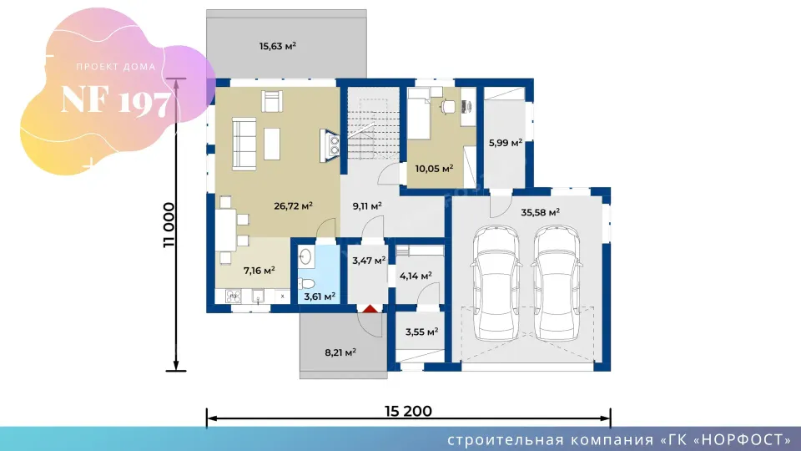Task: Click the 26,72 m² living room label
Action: pyautogui.click(x=293, y=206)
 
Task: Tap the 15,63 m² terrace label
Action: pyautogui.click(x=277, y=46)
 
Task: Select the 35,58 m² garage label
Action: pyautogui.click(x=540, y=212)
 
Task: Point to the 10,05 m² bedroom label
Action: pyautogui.click(x=434, y=168)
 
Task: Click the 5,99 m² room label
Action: pyautogui.click(x=506, y=143)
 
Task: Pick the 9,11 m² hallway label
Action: pyautogui.click(x=367, y=206)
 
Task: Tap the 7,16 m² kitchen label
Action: pyautogui.click(x=259, y=271)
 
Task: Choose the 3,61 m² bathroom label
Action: pyautogui.click(x=320, y=296)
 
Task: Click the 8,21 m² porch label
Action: pyautogui.click(x=340, y=352)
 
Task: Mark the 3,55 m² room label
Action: pyautogui.click(x=421, y=332)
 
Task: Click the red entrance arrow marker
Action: pyautogui.click(x=370, y=308)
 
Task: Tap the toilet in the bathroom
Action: pyautogui.click(x=306, y=283)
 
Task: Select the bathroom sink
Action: pyautogui.click(x=305, y=256)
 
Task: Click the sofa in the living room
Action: pyautogui.click(x=244, y=144)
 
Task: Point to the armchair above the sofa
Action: pyautogui.click(x=272, y=101)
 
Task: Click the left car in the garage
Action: pyautogui.click(x=496, y=284)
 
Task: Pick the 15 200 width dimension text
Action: pyautogui.click(x=408, y=411)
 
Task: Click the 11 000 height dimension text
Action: pyautogui.click(x=169, y=225)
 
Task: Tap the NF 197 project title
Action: pyautogui.click(x=115, y=100)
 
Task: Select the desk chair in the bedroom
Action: pyautogui.click(x=447, y=106)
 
